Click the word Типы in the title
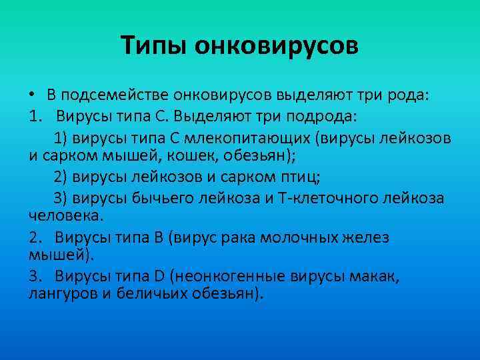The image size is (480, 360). (153, 46)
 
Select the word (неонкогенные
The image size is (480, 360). (240, 276)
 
